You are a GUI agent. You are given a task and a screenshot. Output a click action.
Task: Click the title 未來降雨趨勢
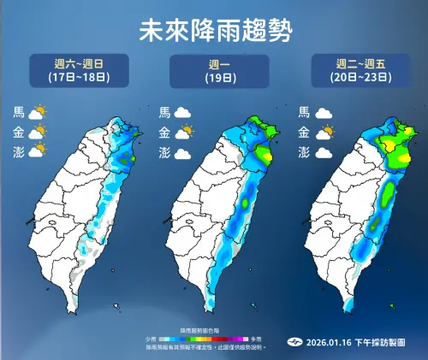click(x=214, y=31)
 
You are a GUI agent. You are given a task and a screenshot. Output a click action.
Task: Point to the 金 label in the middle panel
click(x=163, y=133)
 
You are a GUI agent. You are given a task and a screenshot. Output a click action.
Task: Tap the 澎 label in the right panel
click(x=303, y=152)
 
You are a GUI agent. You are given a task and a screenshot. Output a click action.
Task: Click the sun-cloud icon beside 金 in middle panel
click(x=182, y=133)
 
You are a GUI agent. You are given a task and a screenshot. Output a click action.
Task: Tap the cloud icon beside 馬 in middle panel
click(x=182, y=113)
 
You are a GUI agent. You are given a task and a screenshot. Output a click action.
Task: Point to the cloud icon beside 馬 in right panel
click(x=324, y=113)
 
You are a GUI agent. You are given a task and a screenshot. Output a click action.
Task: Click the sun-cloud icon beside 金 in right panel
click(x=324, y=133)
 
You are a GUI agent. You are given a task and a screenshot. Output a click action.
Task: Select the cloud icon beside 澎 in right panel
click(x=324, y=152)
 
